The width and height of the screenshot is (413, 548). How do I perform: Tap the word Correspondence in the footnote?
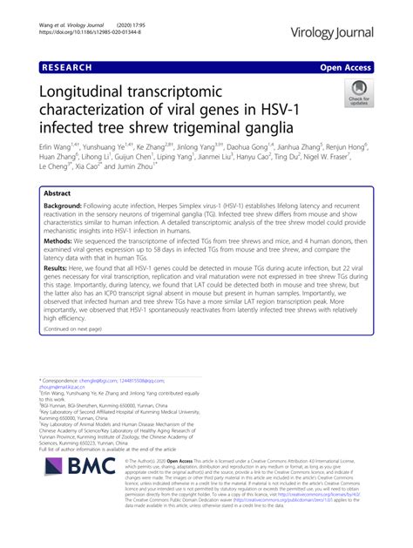(x=64, y=430)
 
